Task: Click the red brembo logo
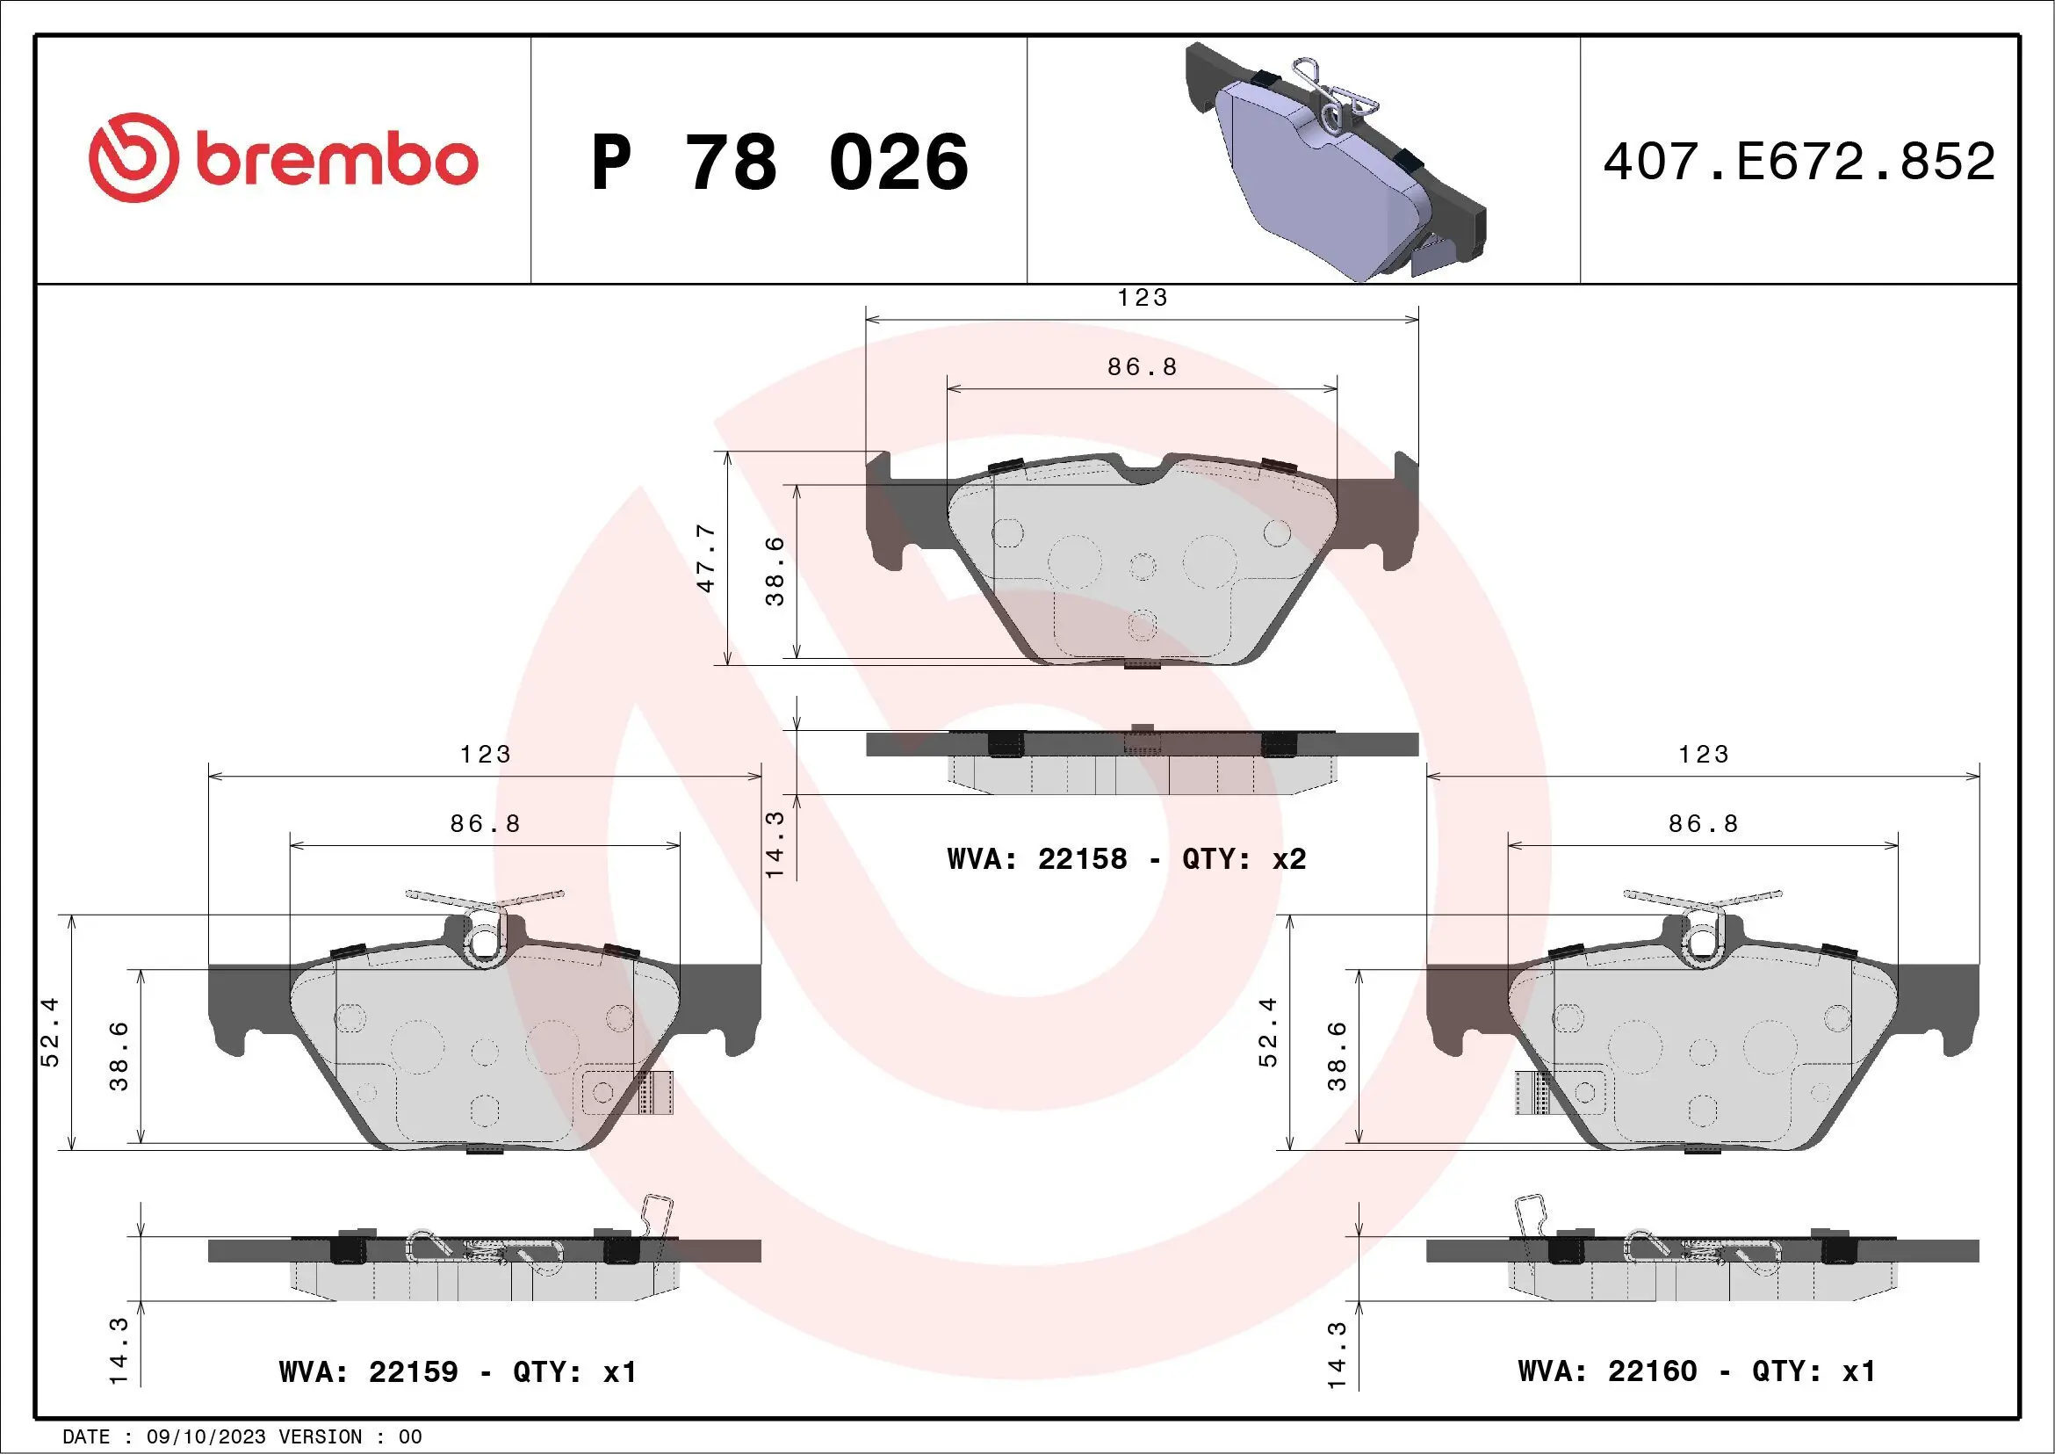click(283, 158)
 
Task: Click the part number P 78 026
click(779, 163)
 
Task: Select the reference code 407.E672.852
click(1799, 162)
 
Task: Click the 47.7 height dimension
click(706, 558)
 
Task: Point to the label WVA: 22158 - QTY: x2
click(1126, 858)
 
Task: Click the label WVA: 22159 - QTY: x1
click(458, 1371)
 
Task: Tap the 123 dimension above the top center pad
click(1142, 297)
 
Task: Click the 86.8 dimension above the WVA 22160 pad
click(1702, 824)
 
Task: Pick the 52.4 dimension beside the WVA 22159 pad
click(50, 1031)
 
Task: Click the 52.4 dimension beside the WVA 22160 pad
click(1267, 1031)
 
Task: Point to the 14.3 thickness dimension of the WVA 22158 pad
click(775, 843)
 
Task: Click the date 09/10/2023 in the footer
click(205, 1436)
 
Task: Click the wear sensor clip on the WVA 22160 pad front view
click(1533, 1092)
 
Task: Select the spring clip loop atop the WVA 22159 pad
click(484, 940)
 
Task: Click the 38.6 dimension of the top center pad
click(775, 571)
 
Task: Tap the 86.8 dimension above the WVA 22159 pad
click(484, 824)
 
